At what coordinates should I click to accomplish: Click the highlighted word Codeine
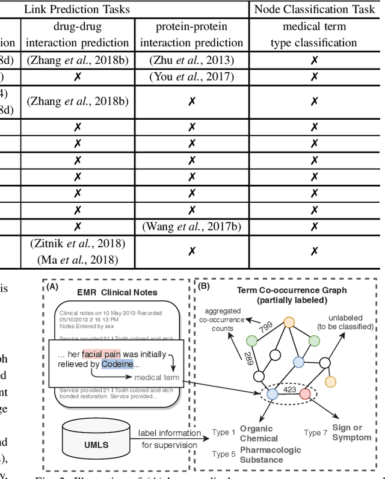(x=113, y=363)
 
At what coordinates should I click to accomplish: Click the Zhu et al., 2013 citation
(x=191, y=60)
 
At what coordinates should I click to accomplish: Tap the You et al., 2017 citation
(x=191, y=76)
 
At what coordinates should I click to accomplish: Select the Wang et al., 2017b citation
(x=191, y=226)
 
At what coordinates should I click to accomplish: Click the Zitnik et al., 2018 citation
(x=77, y=243)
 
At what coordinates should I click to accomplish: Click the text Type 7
(x=316, y=433)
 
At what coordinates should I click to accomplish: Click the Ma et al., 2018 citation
(x=77, y=259)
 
